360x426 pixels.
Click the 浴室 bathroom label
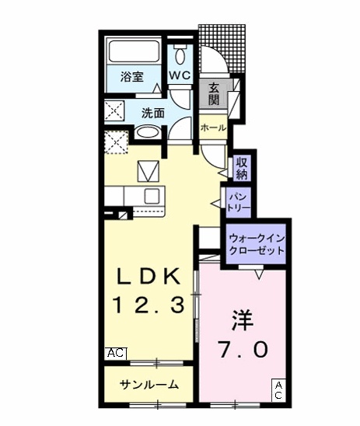(131, 77)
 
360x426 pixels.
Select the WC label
(180, 75)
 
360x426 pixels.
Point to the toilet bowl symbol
(181, 54)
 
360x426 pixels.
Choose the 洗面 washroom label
(152, 113)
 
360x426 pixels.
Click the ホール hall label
(213, 127)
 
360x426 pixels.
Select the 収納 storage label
(242, 167)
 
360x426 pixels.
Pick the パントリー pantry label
(237, 203)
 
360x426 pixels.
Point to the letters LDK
(150, 277)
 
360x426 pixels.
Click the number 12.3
(150, 306)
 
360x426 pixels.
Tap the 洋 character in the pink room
(241, 320)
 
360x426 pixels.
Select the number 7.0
(241, 350)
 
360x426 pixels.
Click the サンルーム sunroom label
(149, 385)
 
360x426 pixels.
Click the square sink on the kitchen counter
(151, 195)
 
